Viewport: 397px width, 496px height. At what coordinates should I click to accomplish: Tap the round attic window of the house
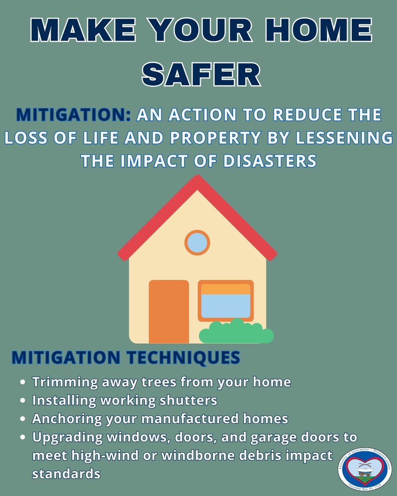click(x=197, y=243)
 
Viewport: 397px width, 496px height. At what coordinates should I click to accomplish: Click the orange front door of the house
click(x=169, y=311)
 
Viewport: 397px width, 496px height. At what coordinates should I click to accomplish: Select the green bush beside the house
click(x=236, y=332)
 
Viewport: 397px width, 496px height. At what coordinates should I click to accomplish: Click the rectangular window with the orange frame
click(x=225, y=300)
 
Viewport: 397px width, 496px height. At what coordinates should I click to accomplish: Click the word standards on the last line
click(x=67, y=474)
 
